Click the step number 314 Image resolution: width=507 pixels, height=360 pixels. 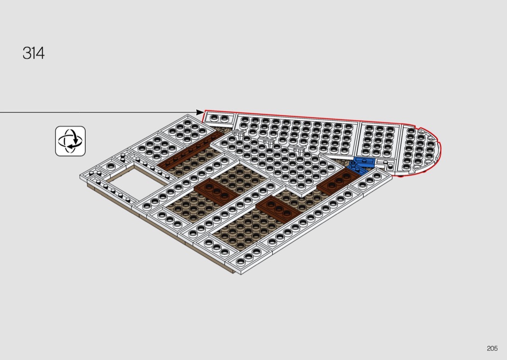[34, 53]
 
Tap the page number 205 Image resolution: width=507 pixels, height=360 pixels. [492, 348]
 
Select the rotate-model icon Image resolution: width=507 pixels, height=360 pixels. [70, 141]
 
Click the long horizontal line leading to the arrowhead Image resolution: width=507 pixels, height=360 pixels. [98, 112]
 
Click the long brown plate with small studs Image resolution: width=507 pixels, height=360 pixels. [190, 150]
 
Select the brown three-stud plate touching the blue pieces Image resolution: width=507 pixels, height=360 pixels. [338, 181]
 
